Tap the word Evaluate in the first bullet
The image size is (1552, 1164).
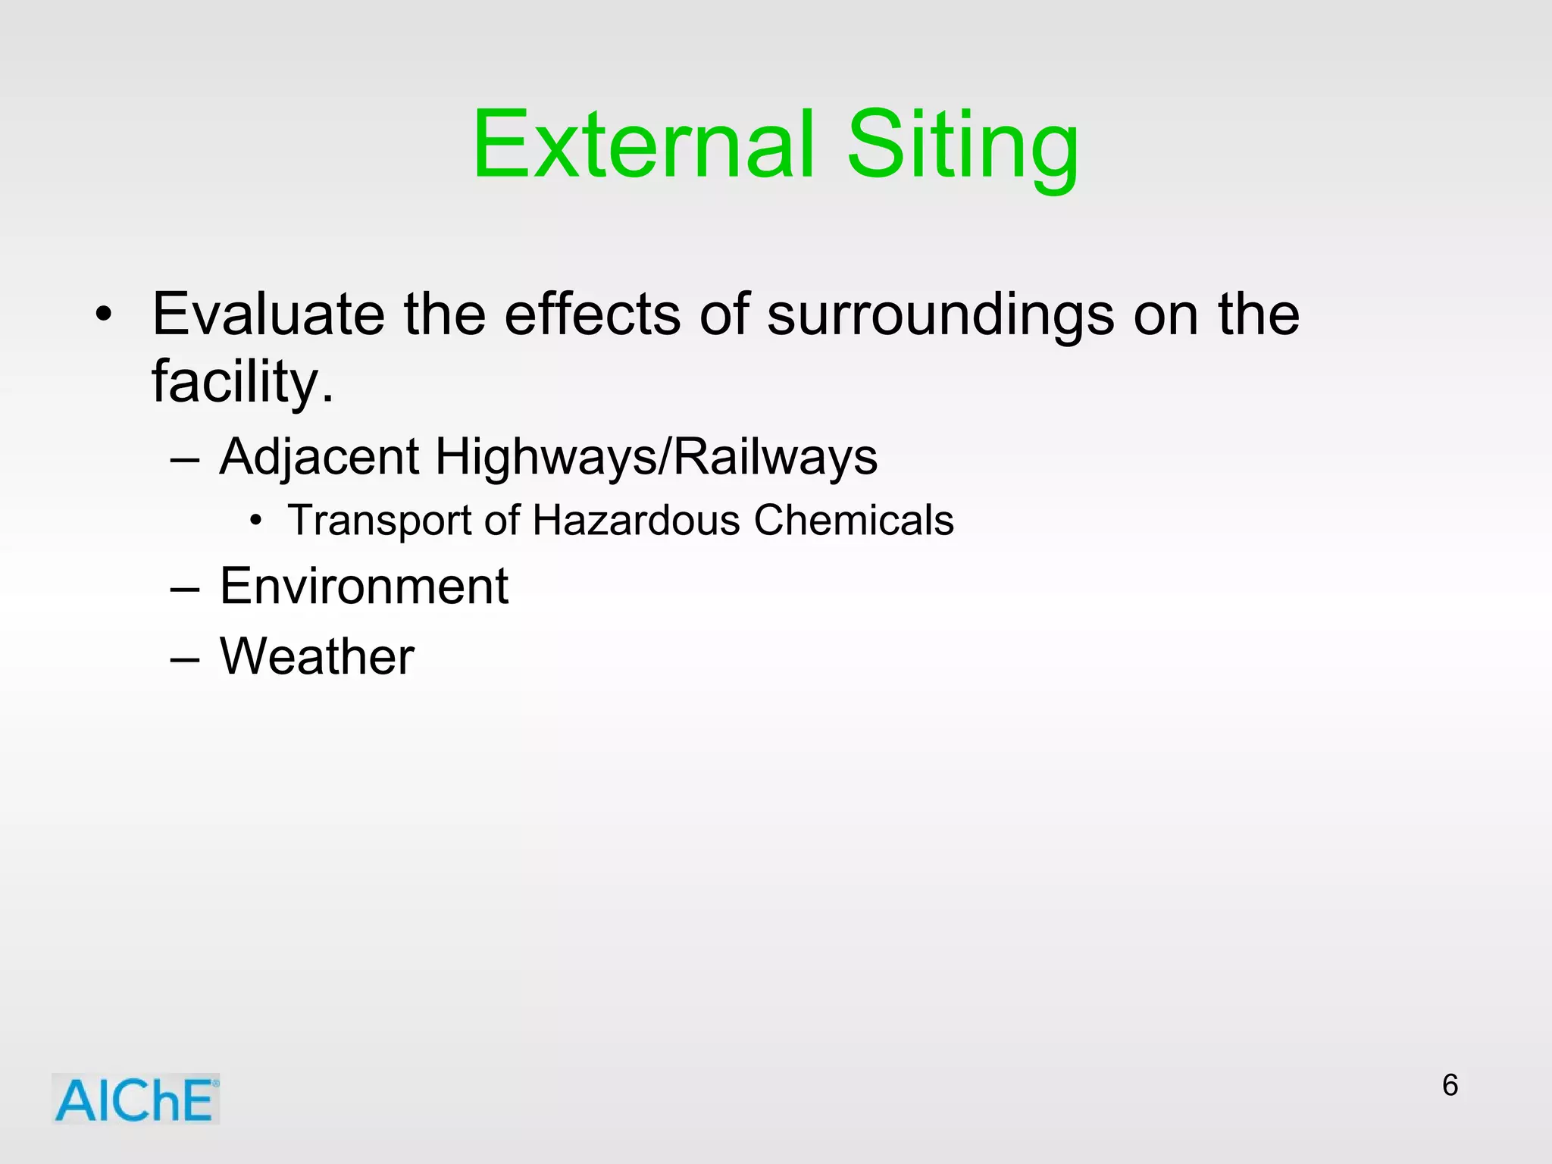click(x=268, y=314)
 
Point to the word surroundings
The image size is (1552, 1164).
click(x=940, y=314)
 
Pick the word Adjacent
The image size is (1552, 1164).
click(x=319, y=457)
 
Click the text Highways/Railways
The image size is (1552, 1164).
click(x=656, y=457)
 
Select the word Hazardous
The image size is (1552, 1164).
click(x=636, y=521)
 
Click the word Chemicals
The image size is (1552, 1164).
click(x=853, y=521)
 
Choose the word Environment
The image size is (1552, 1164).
click(x=364, y=586)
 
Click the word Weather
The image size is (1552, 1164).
click(x=317, y=656)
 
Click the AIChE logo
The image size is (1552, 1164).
click(x=136, y=1100)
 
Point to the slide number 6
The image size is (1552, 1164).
click(x=1450, y=1085)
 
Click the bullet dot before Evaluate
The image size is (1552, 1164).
click(x=104, y=314)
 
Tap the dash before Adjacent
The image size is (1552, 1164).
click(x=185, y=459)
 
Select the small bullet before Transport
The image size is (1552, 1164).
click(x=256, y=521)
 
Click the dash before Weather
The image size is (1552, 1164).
click(x=185, y=658)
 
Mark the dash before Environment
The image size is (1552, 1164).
click(x=185, y=588)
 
